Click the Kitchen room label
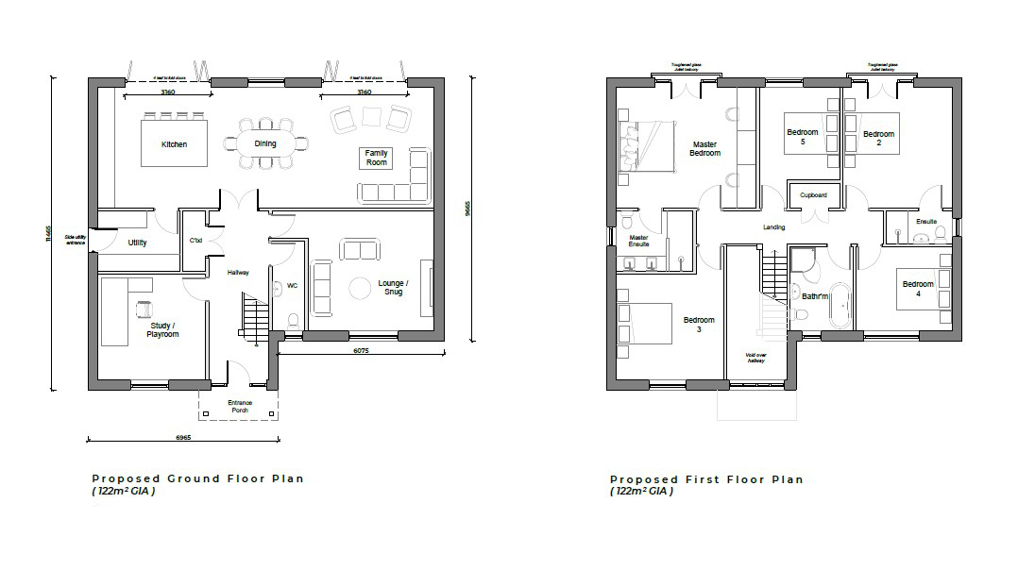[x=174, y=144]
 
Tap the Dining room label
[x=266, y=143]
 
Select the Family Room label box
[x=377, y=158]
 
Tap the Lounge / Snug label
[x=393, y=288]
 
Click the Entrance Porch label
[x=240, y=407]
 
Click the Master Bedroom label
[x=704, y=149]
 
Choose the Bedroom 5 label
[x=803, y=137]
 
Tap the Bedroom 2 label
[x=878, y=137]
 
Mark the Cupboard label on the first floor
[x=813, y=195]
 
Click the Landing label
[x=774, y=228]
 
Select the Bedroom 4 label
[x=918, y=289]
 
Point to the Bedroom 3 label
[x=699, y=325]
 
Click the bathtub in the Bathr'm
[x=839, y=298]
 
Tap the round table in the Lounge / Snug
[x=360, y=287]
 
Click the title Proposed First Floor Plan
[x=706, y=479]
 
